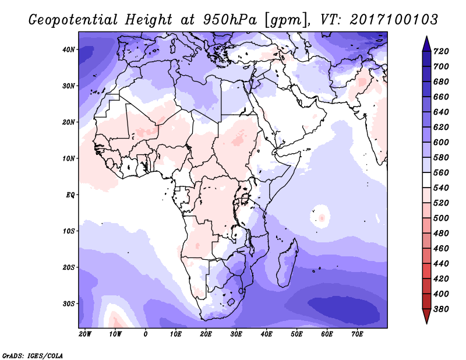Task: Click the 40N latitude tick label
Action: click(x=68, y=50)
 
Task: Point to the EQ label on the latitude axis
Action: click(x=69, y=195)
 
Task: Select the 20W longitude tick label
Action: click(x=84, y=334)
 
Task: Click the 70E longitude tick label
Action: click(x=357, y=334)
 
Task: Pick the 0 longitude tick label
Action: click(x=146, y=334)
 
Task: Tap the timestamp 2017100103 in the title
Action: click(x=394, y=19)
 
